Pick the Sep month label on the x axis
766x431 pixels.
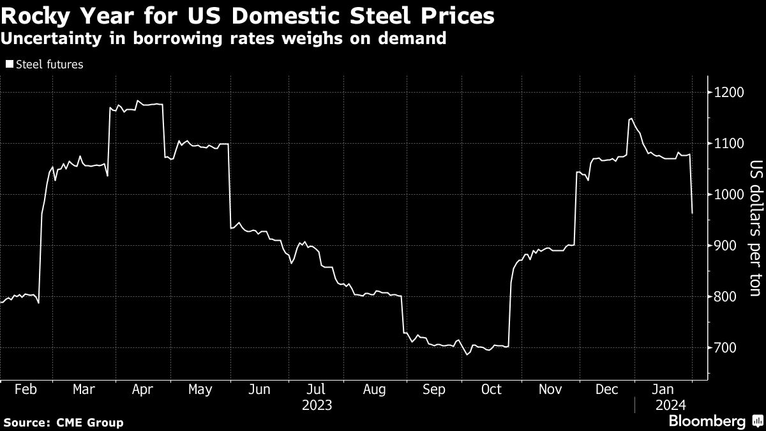435,389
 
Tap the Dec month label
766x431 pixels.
607,389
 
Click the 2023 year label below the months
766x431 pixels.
317,405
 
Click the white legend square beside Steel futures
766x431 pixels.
9,64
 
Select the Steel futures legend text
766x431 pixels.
49,64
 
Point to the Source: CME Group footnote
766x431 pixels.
63,422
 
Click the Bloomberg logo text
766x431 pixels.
707,421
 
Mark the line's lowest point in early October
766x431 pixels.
467,354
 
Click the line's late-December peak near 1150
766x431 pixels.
631,119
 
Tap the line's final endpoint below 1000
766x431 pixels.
693,213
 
